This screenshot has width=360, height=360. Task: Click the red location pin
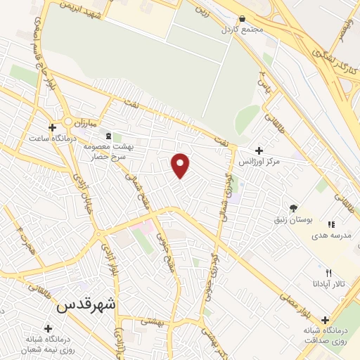(181, 165)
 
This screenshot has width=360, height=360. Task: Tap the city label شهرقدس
(86, 305)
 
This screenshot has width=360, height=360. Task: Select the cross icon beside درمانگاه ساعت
(51, 127)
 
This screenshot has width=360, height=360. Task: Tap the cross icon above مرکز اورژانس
(259, 150)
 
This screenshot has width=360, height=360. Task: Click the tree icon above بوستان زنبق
(293, 208)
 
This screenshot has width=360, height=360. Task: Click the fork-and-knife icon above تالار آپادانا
(328, 273)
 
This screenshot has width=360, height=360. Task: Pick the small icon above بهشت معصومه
(108, 135)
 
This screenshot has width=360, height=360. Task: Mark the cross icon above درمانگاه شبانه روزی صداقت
(324, 319)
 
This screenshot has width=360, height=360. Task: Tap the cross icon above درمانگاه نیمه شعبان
(48, 328)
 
